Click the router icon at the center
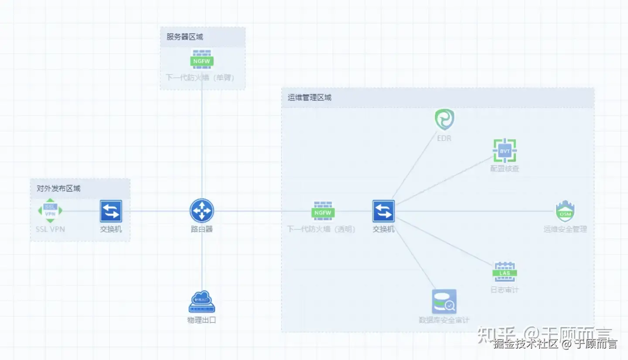(x=201, y=210)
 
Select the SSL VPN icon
(x=50, y=210)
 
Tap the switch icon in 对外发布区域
(x=111, y=211)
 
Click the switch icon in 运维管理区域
(x=383, y=211)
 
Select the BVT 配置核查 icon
(x=505, y=151)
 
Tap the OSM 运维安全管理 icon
(x=565, y=211)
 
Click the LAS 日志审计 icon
(x=505, y=272)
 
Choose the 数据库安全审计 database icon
(x=444, y=301)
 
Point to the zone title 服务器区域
(x=185, y=37)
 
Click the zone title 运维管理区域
(x=310, y=98)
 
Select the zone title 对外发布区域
(x=58, y=189)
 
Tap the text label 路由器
(x=201, y=229)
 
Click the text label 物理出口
(x=201, y=320)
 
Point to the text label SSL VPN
(x=50, y=229)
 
